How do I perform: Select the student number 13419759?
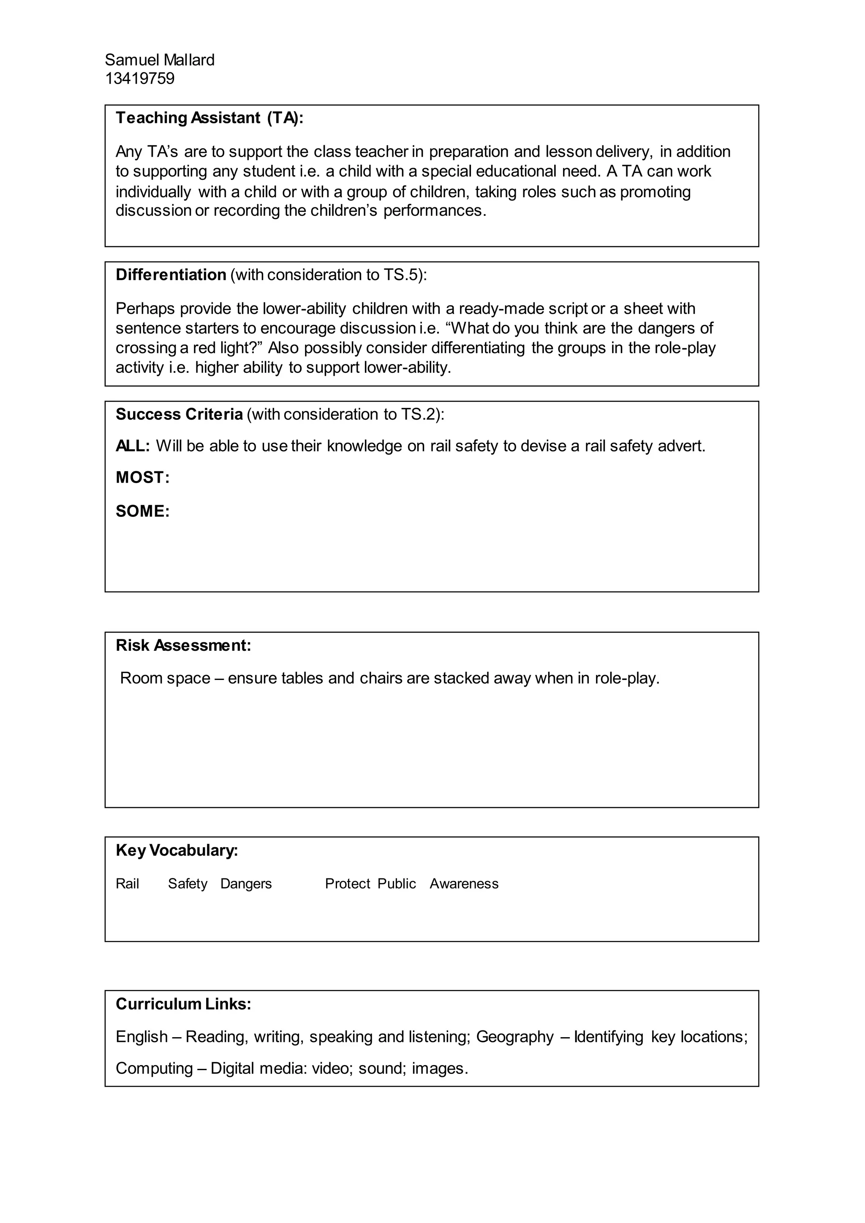(139, 79)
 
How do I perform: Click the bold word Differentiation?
(171, 275)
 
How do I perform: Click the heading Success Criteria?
(179, 414)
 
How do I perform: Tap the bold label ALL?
(133, 446)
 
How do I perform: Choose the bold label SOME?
(142, 511)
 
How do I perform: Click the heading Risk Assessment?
(183, 646)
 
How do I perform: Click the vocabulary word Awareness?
(464, 884)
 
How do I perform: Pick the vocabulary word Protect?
(347, 884)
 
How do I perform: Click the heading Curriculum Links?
(183, 1004)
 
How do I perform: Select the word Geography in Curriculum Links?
(514, 1037)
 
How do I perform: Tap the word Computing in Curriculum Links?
(154, 1068)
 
